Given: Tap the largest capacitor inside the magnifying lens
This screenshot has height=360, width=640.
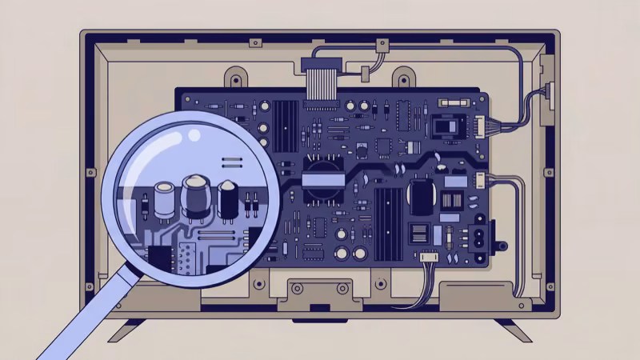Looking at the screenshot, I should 196,198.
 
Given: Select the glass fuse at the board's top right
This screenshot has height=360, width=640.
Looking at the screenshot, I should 465,105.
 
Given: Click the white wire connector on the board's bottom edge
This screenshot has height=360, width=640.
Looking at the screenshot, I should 430,258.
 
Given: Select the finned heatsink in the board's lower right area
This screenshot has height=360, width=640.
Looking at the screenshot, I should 387,214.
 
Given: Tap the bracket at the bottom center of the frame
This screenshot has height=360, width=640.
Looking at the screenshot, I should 320,293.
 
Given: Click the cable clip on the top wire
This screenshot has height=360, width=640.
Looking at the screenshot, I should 364,74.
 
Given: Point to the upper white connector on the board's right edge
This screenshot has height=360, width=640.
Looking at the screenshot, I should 481,123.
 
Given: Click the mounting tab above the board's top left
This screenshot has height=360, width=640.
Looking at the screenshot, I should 235,78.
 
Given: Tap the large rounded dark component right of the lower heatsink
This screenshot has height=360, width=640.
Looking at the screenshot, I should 421,197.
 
